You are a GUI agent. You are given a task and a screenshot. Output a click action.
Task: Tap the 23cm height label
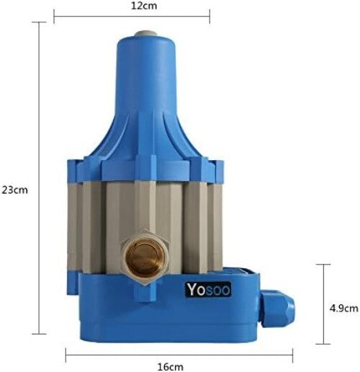point(15,190)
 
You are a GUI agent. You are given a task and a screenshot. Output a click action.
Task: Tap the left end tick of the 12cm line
point(54,12)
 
